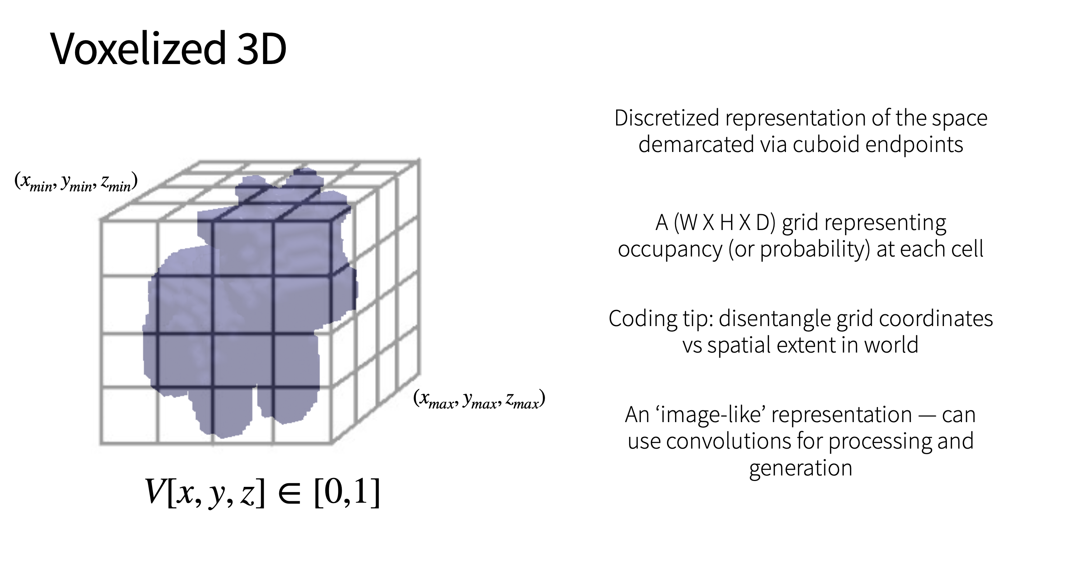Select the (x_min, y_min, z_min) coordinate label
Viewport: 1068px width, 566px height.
tap(76, 182)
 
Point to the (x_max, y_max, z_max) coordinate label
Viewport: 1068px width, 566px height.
tap(479, 399)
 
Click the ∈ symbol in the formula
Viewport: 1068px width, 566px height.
tap(289, 493)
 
